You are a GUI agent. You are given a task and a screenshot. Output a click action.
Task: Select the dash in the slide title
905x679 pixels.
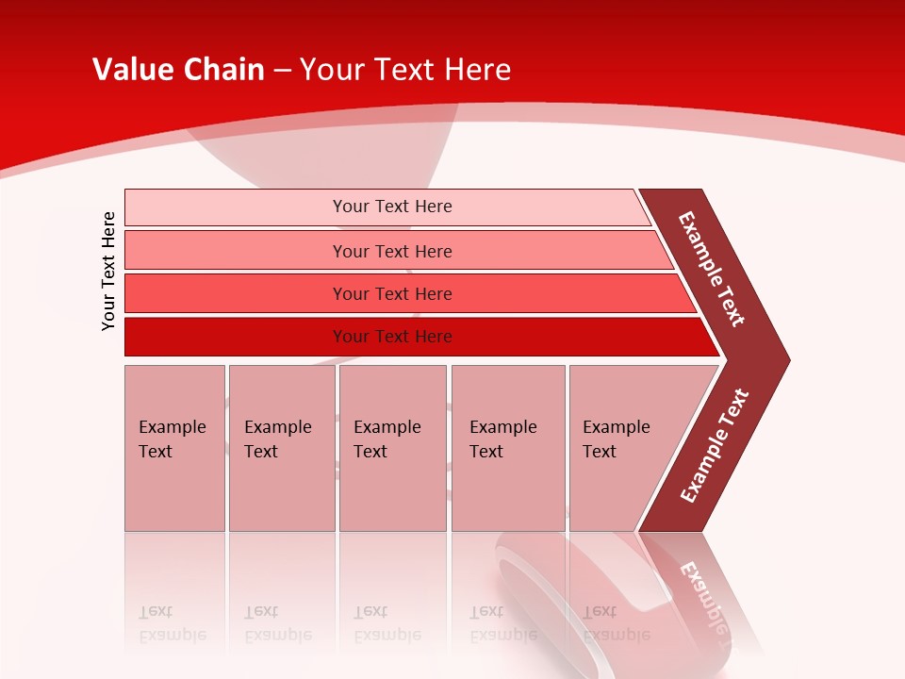coord(282,71)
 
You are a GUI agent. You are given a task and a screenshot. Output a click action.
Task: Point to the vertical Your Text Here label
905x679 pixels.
coord(108,271)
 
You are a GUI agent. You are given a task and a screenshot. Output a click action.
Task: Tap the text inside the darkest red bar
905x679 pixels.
coord(392,337)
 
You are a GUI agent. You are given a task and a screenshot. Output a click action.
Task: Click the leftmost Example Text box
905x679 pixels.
coord(174,447)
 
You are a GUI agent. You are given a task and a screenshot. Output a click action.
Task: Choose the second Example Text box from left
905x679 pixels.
coord(281,447)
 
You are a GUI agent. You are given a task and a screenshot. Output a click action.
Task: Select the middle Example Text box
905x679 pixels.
coord(392,447)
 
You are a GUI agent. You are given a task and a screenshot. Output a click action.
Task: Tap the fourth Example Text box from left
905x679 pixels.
coord(508,447)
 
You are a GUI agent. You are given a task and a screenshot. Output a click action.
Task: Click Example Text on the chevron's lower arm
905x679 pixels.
coord(715,445)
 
